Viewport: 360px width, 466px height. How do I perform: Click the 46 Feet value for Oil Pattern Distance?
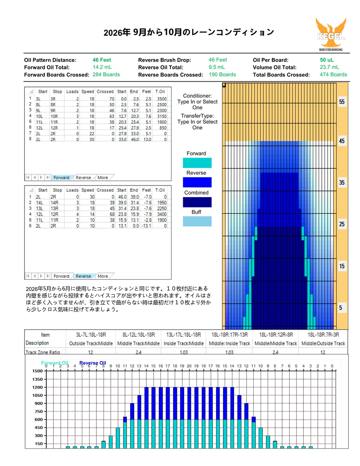tap(102, 60)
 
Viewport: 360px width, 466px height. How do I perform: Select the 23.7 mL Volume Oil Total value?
tap(329, 67)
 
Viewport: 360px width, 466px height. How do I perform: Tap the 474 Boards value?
tap(333, 75)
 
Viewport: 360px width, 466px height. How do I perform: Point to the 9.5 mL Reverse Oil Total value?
tap(216, 67)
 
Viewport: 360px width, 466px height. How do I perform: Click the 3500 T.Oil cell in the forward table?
tap(162, 99)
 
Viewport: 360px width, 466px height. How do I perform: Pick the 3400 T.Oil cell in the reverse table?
tap(162, 214)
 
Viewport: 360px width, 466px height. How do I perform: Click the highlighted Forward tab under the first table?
tap(61, 177)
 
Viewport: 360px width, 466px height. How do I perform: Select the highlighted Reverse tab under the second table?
tap(83, 276)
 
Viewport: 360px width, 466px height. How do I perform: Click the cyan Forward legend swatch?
tap(197, 163)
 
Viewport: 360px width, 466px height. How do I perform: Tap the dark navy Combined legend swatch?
tap(197, 202)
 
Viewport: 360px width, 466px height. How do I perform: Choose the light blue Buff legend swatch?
tap(197, 222)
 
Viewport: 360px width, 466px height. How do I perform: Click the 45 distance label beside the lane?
tap(342, 141)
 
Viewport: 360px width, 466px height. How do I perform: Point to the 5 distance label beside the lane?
tap(341, 308)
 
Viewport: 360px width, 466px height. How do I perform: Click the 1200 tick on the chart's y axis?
tap(38, 387)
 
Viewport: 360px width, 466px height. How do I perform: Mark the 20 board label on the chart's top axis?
tap(189, 366)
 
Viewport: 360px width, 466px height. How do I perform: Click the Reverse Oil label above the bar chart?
tap(93, 363)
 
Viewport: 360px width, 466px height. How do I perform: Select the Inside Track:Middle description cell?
tap(184, 344)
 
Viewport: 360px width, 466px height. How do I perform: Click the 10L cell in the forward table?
tap(39, 116)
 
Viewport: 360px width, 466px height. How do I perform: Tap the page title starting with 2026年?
tap(189, 32)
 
